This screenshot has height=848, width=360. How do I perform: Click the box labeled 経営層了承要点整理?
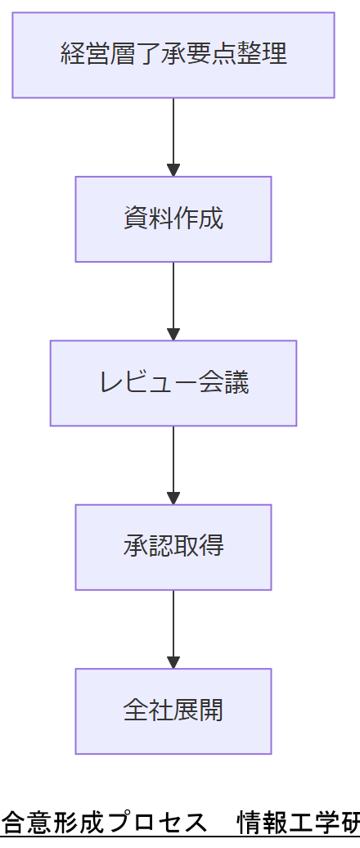click(x=173, y=55)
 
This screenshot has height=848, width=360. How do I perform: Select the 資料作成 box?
click(x=173, y=219)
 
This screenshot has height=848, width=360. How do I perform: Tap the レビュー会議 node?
click(x=173, y=382)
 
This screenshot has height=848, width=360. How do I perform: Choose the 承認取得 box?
click(x=173, y=547)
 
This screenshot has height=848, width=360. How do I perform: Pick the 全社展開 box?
click(x=173, y=710)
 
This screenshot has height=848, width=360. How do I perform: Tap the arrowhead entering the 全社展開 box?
click(x=173, y=661)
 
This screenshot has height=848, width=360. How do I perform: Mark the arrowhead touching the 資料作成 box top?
click(x=173, y=169)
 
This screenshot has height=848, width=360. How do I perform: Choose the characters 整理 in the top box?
click(x=268, y=55)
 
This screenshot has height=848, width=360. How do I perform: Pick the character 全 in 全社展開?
click(x=136, y=710)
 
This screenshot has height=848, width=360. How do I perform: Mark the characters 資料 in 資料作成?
click(x=148, y=219)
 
